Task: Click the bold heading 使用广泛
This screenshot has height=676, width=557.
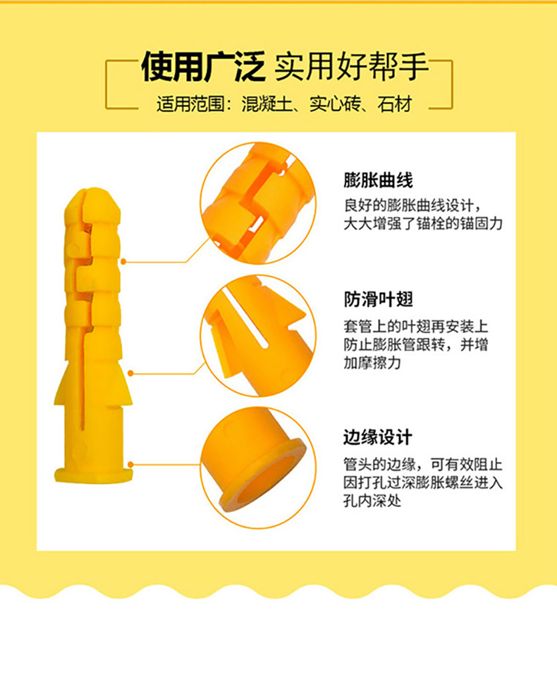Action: tap(203, 67)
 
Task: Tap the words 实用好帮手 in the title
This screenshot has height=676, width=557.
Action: tap(351, 67)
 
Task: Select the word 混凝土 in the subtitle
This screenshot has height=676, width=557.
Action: tap(267, 104)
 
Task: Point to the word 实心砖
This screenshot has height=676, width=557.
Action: tap(335, 104)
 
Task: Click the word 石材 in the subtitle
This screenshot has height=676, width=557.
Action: tap(395, 104)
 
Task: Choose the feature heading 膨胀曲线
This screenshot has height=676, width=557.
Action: tap(378, 180)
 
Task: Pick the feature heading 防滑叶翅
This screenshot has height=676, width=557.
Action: tap(378, 299)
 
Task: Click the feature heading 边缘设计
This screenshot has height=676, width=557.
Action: tap(378, 437)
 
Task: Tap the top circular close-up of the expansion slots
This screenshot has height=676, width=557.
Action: tap(258, 203)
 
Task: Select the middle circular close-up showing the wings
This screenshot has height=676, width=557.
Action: tap(258, 336)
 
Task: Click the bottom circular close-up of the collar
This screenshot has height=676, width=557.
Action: tap(258, 468)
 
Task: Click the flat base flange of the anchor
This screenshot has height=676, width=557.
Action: tap(93, 475)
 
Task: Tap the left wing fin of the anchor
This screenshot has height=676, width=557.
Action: tap(63, 385)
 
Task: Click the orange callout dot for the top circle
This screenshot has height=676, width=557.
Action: tap(123, 262)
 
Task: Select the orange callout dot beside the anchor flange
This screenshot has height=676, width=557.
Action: tap(130, 464)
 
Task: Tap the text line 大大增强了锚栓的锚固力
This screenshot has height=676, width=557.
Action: tap(423, 223)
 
